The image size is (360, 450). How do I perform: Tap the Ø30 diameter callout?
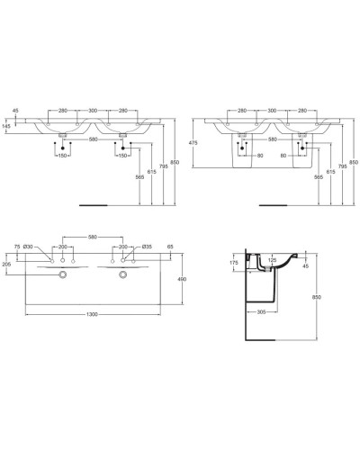[x=29, y=246]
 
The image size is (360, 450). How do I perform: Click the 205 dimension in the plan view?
[x=8, y=264]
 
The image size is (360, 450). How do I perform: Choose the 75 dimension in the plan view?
[x=17, y=246]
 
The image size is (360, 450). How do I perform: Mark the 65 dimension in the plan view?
[x=169, y=246]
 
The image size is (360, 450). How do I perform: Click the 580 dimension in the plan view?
[x=93, y=238]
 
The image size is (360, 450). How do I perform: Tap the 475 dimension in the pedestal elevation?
[x=193, y=142]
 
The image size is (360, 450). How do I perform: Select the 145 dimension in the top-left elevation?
[x=8, y=126]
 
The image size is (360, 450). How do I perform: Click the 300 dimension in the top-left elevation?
[x=93, y=112]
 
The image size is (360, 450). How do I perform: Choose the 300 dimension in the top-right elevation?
[x=270, y=112]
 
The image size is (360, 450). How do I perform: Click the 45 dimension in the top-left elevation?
[x=15, y=112]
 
